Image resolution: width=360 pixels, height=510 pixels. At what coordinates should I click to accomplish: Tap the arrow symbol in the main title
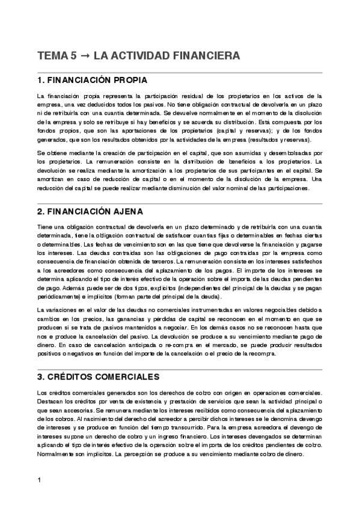pos(84,56)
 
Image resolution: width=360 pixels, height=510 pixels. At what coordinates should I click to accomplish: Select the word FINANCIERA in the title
pos(206,56)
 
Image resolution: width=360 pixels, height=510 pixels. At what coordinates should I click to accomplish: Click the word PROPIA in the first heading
pos(127,80)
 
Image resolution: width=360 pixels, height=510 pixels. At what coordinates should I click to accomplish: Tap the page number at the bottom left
pos(38,480)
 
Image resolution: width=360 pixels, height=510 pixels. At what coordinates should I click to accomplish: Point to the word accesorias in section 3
pos(76,410)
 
